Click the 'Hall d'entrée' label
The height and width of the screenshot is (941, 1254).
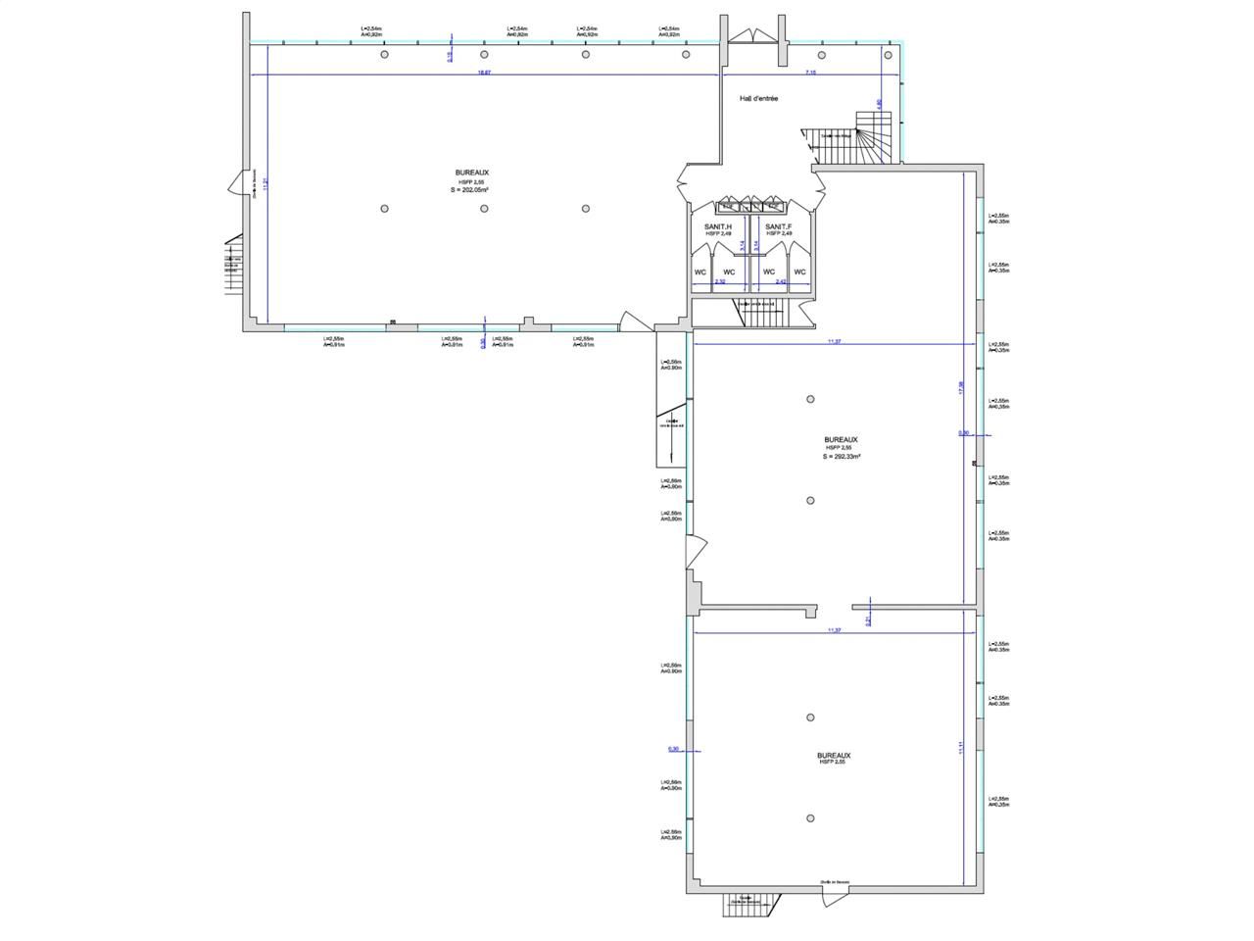point(758,99)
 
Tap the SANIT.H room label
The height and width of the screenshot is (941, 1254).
point(718,226)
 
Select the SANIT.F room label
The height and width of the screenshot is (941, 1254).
point(779,226)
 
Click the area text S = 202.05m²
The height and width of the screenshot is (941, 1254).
point(470,191)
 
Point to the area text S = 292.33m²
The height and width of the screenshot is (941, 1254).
point(841,457)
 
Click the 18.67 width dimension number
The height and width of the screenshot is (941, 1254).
point(483,72)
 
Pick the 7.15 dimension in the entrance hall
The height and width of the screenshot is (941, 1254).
point(810,72)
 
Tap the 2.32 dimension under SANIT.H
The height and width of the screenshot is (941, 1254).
point(720,282)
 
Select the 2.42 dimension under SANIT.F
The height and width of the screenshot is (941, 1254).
point(781,282)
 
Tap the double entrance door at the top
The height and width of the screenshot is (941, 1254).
point(754,34)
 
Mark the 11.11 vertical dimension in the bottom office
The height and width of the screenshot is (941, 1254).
point(962,747)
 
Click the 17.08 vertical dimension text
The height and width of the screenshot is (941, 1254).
point(961,387)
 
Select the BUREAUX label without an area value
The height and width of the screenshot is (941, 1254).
point(834,756)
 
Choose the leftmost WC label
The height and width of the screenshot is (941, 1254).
point(700,272)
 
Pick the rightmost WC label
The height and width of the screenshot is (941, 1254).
point(799,272)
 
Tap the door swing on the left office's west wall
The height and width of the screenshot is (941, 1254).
point(236,183)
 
